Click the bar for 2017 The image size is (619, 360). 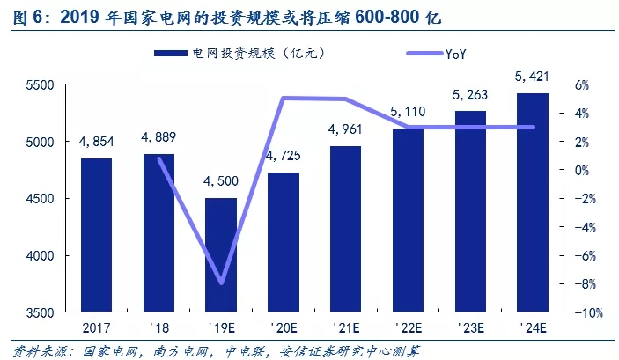97,235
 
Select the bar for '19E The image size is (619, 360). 221,255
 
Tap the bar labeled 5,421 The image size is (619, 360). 533,202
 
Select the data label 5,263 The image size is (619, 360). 470,94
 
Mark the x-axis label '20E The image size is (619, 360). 284,327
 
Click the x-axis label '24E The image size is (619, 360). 533,327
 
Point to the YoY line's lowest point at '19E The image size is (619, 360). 221,283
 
